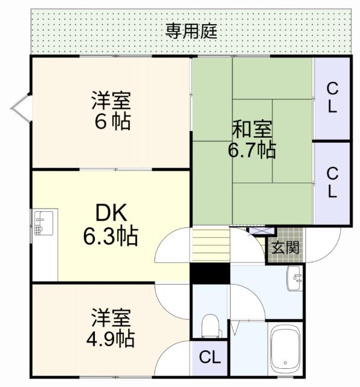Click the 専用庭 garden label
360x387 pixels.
(191, 31)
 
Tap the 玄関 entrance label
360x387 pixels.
(284, 247)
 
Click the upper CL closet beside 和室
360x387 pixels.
(332, 98)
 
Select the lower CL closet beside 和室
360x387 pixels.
(332, 182)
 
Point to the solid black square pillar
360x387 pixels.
(210, 273)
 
